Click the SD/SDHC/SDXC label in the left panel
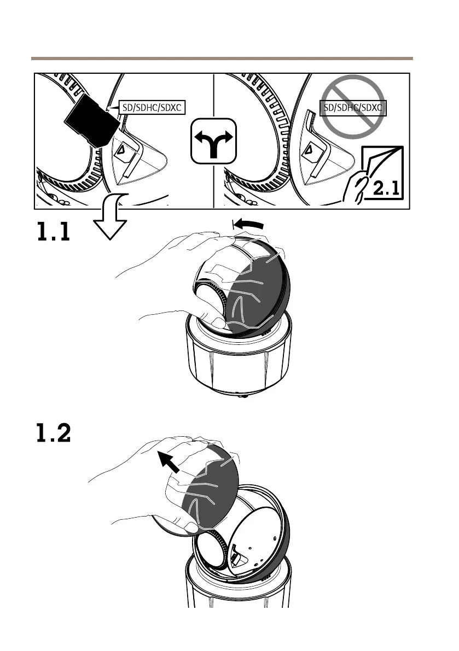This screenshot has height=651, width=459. [x=152, y=108]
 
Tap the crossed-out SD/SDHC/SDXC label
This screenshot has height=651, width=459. [x=354, y=108]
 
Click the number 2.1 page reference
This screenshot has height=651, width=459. [x=387, y=189]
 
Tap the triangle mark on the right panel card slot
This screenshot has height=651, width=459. [x=309, y=149]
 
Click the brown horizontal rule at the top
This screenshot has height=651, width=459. [x=222, y=58]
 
